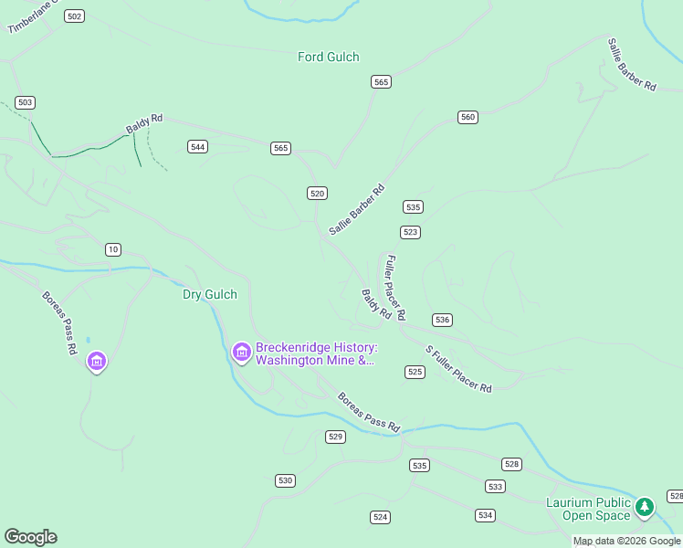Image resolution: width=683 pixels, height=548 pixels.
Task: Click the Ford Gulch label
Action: (x=328, y=57)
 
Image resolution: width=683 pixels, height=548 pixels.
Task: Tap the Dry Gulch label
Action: (x=210, y=294)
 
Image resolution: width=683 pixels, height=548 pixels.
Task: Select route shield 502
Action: (x=75, y=16)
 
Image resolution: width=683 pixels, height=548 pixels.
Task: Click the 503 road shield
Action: (x=26, y=102)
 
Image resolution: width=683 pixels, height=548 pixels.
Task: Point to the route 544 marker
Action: (x=197, y=146)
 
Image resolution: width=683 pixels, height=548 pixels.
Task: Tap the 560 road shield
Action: (x=468, y=117)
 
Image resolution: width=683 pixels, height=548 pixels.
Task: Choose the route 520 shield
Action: (x=317, y=193)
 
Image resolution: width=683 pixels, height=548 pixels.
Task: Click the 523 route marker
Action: (x=410, y=232)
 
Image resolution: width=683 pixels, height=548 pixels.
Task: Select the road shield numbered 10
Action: (x=112, y=249)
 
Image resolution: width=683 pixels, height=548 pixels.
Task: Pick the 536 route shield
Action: (x=442, y=320)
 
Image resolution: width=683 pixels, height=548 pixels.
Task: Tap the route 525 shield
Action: (x=415, y=372)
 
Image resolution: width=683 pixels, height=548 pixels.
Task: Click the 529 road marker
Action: (x=335, y=437)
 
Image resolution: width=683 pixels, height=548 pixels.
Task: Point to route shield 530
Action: (x=285, y=480)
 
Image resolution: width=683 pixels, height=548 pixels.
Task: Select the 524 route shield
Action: (x=381, y=517)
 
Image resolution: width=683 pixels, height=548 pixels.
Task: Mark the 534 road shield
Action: (x=485, y=515)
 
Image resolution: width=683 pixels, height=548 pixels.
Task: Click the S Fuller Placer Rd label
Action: (x=458, y=369)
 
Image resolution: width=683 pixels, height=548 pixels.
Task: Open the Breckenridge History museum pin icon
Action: (x=241, y=352)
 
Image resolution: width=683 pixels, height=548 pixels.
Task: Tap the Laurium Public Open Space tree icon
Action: (x=645, y=506)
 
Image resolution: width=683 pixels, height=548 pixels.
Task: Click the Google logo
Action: (x=30, y=537)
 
